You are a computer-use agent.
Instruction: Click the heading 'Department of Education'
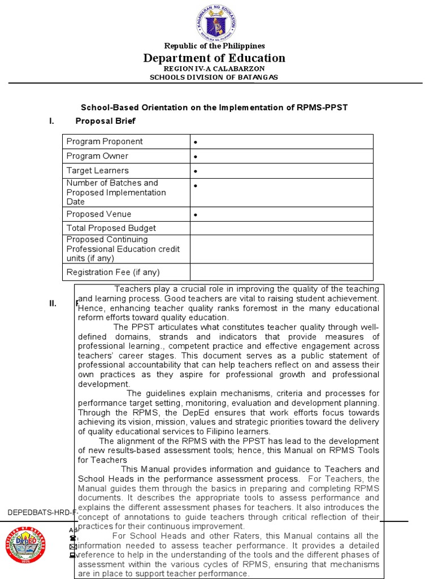(x=214, y=58)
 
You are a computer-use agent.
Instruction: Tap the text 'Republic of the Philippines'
(x=214, y=46)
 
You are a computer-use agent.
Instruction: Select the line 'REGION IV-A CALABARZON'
(x=214, y=68)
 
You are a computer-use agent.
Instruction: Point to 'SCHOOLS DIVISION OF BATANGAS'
(x=214, y=77)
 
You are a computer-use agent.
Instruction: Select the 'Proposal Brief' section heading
(x=105, y=121)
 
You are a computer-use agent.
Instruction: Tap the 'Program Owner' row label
(x=97, y=156)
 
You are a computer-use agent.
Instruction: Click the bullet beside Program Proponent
(x=195, y=142)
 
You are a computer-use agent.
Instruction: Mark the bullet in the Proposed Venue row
(x=195, y=215)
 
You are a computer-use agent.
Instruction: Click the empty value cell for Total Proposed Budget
(x=281, y=228)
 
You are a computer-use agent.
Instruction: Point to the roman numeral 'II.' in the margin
(x=53, y=304)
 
